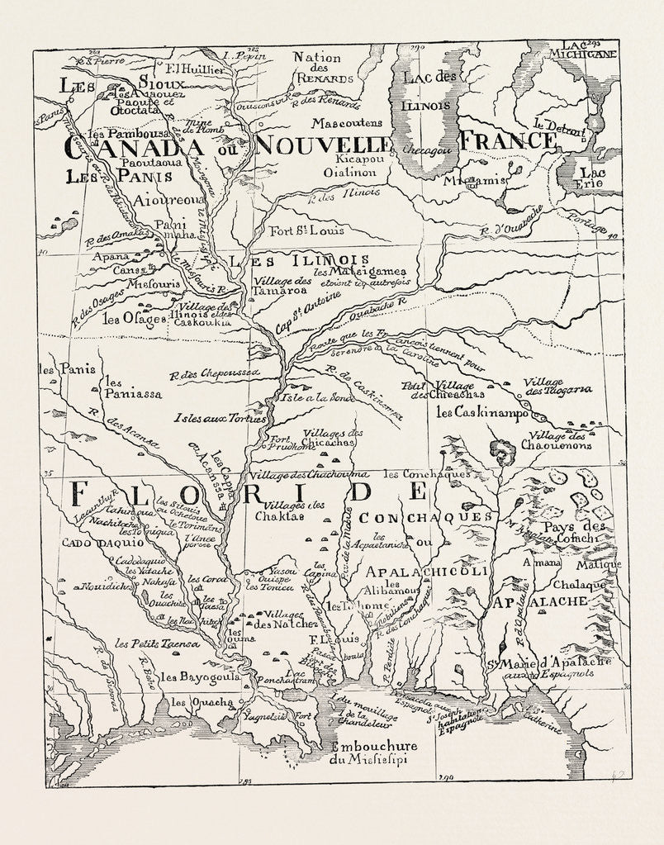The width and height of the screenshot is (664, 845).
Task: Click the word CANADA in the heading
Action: click(x=132, y=147)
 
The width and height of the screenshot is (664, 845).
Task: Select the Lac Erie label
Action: click(x=591, y=178)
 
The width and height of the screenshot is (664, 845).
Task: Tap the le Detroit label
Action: click(x=559, y=128)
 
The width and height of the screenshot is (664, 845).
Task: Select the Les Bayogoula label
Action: click(x=200, y=676)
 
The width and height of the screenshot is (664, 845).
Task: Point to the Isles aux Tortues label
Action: click(x=220, y=418)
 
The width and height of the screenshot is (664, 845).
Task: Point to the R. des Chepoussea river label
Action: click(x=215, y=373)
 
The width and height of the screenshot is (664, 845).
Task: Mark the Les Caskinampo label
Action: click(x=481, y=411)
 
